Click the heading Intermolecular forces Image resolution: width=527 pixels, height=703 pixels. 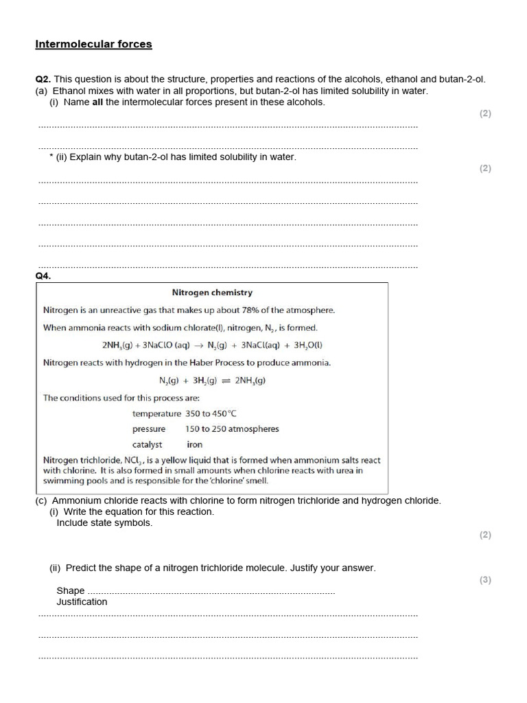tap(93, 45)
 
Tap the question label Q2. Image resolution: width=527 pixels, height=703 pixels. tap(43, 79)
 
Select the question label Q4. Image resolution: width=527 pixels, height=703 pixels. tap(43, 276)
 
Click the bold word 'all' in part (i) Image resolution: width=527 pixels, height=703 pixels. tap(97, 102)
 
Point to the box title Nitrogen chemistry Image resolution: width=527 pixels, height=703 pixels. tap(212, 292)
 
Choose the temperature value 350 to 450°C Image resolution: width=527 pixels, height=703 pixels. tap(211, 414)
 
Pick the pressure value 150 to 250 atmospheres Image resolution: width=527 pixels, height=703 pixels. tap(232, 429)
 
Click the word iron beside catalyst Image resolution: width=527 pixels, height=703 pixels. tap(194, 444)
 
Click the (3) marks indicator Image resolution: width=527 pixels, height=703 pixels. tap(485, 580)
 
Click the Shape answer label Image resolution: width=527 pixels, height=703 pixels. tap(70, 590)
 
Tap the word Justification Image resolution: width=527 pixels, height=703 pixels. tap(82, 602)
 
